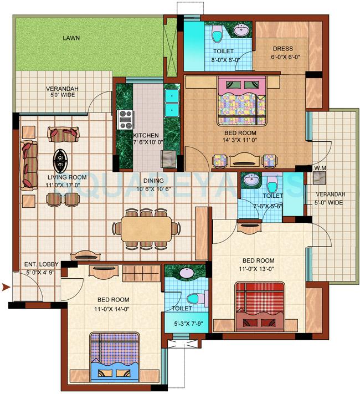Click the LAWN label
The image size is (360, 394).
click(x=71, y=38)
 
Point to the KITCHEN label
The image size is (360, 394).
click(x=146, y=135)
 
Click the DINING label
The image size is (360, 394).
click(x=155, y=180)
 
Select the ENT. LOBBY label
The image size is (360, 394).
click(x=38, y=264)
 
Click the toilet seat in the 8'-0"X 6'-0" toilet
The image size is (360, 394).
click(x=218, y=35)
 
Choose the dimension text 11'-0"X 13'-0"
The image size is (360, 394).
click(x=258, y=269)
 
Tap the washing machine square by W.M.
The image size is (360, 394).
click(x=319, y=177)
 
